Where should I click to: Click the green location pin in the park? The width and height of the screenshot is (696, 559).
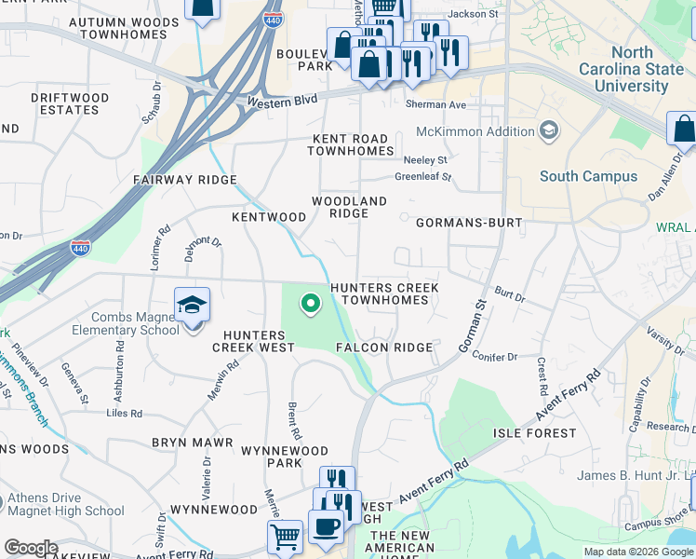click(x=310, y=303)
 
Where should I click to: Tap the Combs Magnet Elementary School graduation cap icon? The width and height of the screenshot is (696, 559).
click(x=191, y=306)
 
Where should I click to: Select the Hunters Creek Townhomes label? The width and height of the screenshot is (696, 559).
click(x=384, y=294)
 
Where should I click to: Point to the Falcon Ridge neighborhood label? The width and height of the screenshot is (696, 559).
click(x=384, y=348)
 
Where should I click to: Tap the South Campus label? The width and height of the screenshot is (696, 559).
click(x=588, y=176)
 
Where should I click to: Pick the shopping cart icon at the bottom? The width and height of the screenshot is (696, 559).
click(x=284, y=536)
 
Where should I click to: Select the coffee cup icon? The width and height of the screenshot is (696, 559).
click(x=325, y=527)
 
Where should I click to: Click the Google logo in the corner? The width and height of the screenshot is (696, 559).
click(x=31, y=548)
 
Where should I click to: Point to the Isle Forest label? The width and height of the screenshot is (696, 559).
click(x=529, y=433)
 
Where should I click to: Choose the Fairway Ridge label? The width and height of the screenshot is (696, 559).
click(x=185, y=180)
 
